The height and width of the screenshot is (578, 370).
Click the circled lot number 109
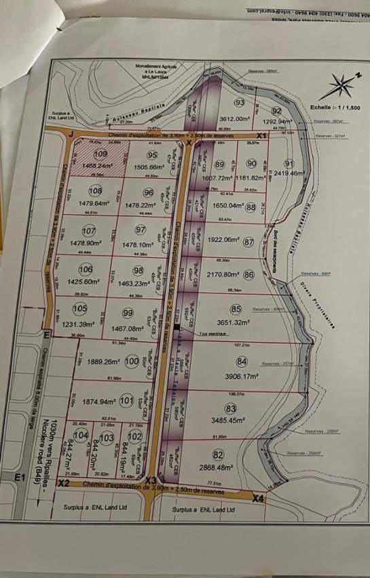pyautogui.click(x=101, y=155)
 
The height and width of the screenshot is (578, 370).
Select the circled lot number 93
pyautogui.click(x=239, y=103)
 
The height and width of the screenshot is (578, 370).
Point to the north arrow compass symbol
pyautogui.click(x=339, y=89)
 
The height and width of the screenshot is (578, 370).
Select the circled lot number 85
pyautogui.click(x=236, y=309)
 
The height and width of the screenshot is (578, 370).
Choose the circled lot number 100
pyautogui.click(x=132, y=362)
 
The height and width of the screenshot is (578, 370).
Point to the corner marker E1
pyautogui.click(x=22, y=479)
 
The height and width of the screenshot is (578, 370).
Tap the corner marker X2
pyautogui.click(x=63, y=483)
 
